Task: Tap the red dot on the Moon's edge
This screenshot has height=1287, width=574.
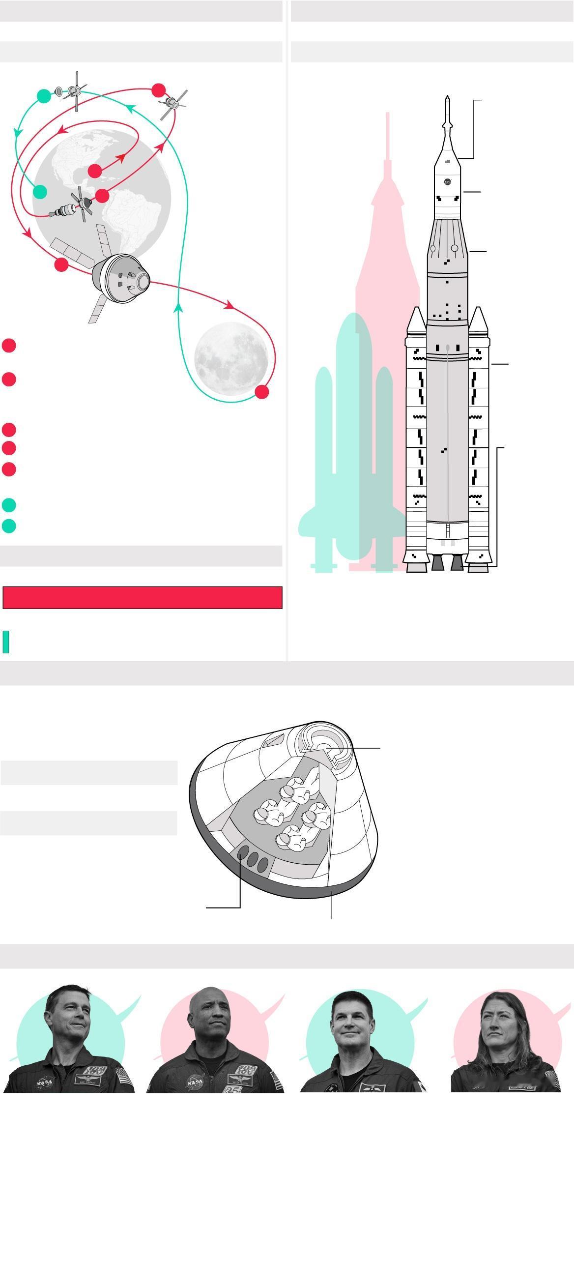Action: click(x=262, y=392)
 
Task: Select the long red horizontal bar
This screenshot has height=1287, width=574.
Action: click(x=143, y=598)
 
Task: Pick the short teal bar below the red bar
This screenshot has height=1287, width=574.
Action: click(x=6, y=642)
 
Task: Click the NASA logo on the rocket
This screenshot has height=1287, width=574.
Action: click(x=448, y=181)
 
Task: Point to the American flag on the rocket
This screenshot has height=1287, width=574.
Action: click(x=448, y=161)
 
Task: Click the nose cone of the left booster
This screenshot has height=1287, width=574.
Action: click(x=416, y=320)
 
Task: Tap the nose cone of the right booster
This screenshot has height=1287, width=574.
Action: click(x=478, y=320)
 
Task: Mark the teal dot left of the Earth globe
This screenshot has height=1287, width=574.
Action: click(x=39, y=191)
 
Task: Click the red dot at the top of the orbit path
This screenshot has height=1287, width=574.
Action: click(x=158, y=90)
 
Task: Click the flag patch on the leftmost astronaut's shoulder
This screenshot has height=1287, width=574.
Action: click(x=124, y=1075)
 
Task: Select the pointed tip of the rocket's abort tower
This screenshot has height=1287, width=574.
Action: click(x=448, y=98)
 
